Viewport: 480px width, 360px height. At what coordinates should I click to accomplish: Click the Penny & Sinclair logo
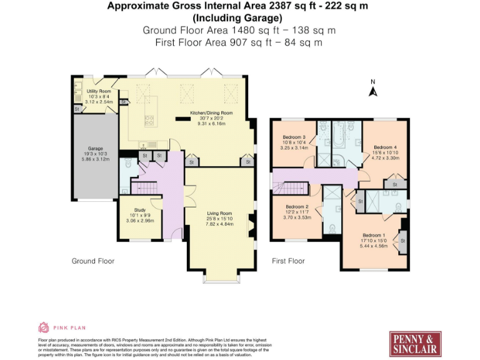click(415, 342)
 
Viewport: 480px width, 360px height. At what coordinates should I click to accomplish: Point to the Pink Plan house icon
click(44, 327)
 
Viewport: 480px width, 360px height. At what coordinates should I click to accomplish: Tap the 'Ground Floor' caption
click(92, 261)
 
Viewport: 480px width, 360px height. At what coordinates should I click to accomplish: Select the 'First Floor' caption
click(288, 261)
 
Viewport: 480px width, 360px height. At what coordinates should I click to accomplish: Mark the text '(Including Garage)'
click(233, 17)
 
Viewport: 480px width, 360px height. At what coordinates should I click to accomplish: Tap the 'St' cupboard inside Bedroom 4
click(394, 185)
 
